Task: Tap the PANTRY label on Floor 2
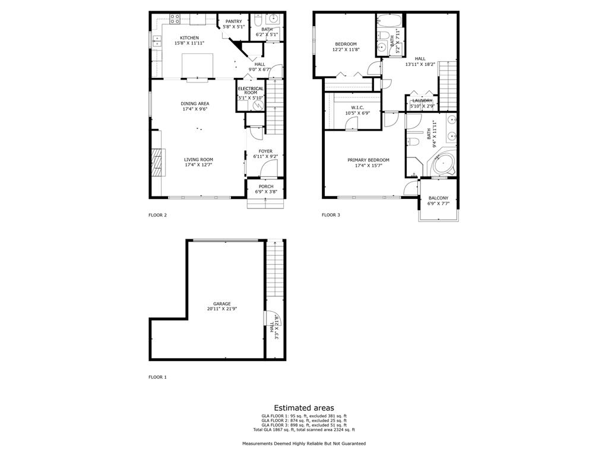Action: (233, 21)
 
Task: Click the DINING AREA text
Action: (195, 103)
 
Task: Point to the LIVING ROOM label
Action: (198, 159)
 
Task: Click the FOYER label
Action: (265, 151)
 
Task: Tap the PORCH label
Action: (265, 186)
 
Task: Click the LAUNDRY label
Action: (422, 101)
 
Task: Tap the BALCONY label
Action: (438, 198)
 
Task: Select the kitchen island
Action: (198, 64)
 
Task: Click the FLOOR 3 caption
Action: (331, 215)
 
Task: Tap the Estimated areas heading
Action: (304, 408)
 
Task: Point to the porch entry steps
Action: (265, 202)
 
